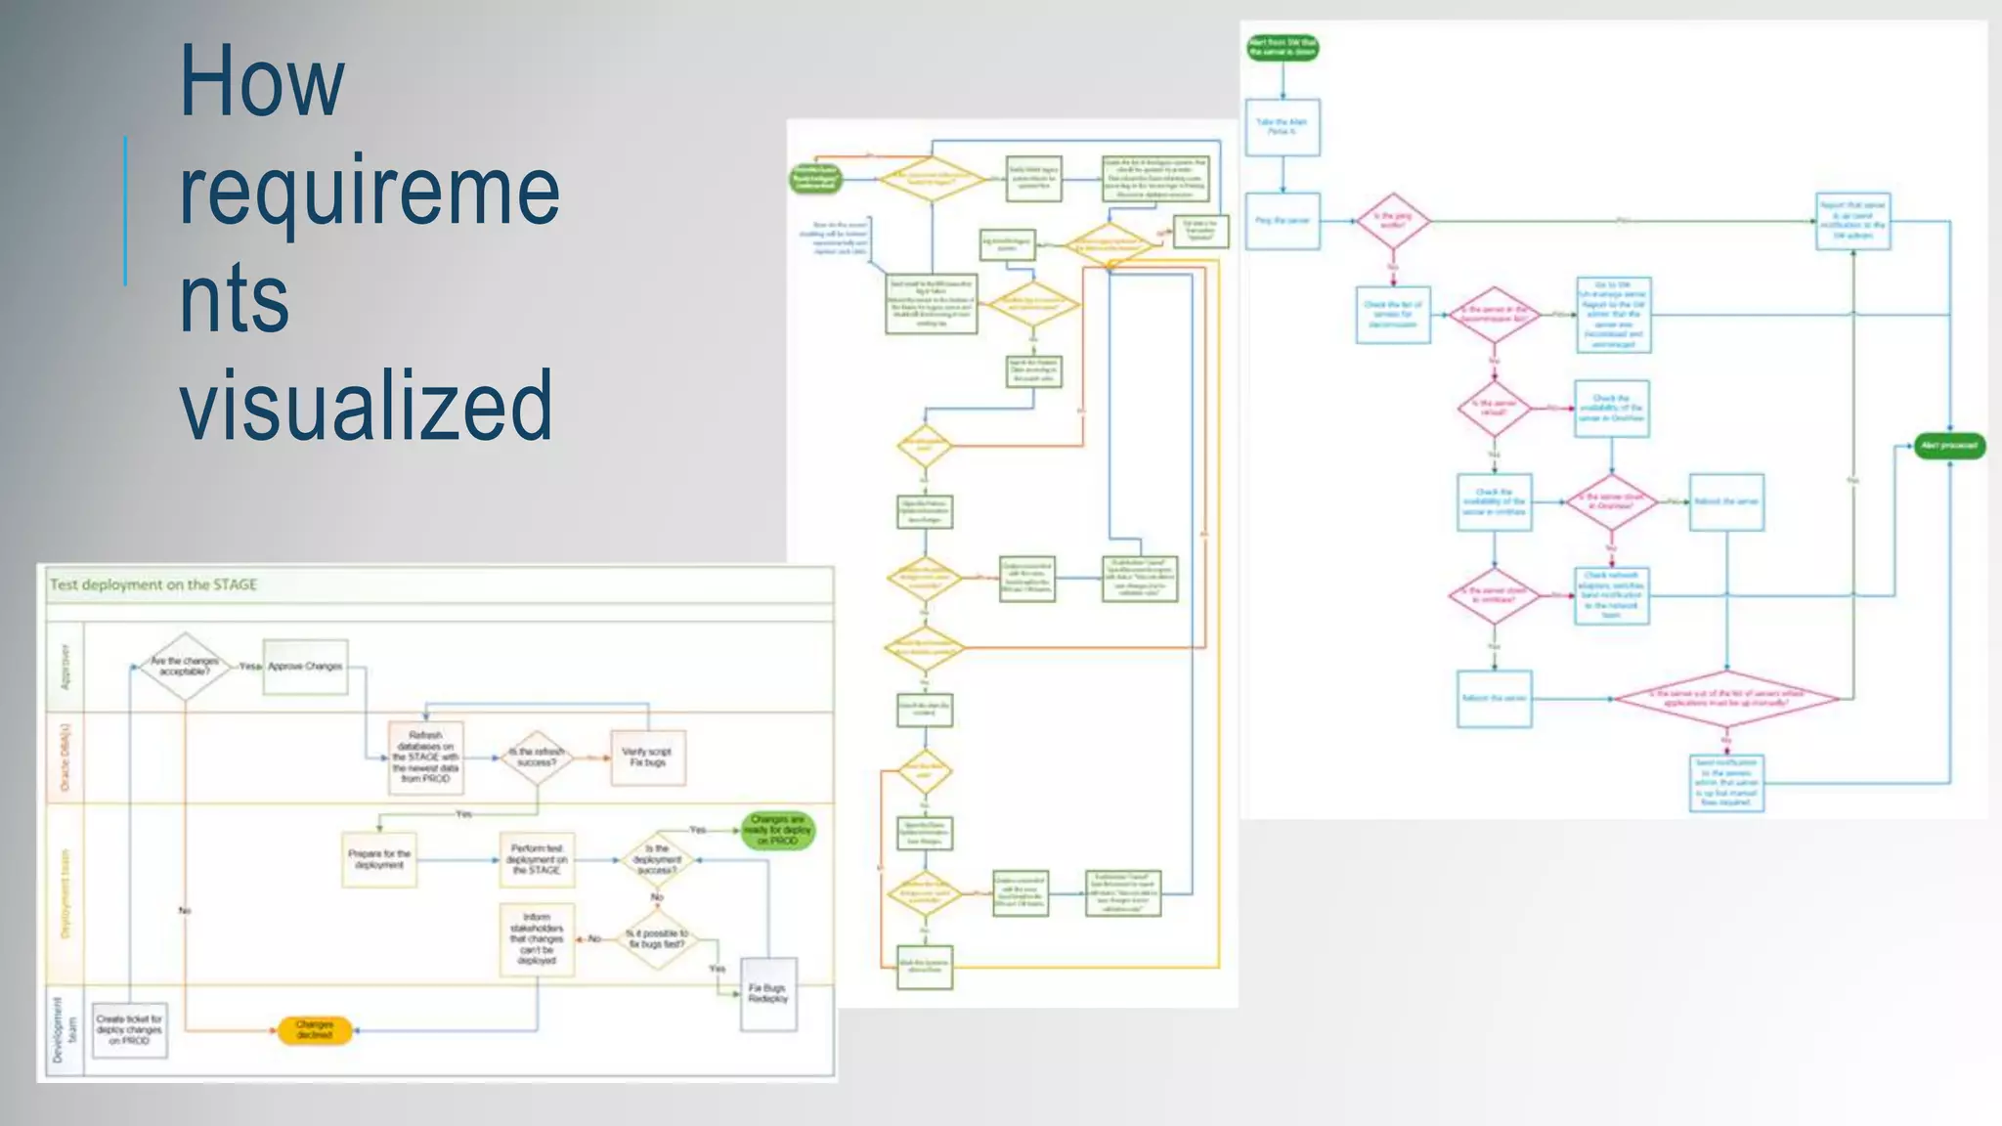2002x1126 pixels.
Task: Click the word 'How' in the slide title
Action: pyautogui.click(x=262, y=81)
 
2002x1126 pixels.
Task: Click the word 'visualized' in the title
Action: pyautogui.click(x=366, y=405)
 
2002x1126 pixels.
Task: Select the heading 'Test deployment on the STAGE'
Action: pyautogui.click(x=153, y=585)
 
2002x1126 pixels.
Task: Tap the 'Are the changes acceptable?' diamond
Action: pyautogui.click(x=185, y=667)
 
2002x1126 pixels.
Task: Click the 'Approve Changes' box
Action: pyautogui.click(x=305, y=667)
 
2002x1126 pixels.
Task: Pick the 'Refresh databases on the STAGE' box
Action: pyautogui.click(x=425, y=758)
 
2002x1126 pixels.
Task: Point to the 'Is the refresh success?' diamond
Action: pyautogui.click(x=536, y=758)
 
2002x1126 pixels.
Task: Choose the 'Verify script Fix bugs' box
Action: pyautogui.click(x=647, y=758)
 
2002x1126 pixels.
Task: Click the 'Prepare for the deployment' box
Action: pyautogui.click(x=379, y=859)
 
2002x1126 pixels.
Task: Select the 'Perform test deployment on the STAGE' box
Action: pyautogui.click(x=537, y=859)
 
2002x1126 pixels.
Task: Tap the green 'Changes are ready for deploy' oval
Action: pyautogui.click(x=777, y=830)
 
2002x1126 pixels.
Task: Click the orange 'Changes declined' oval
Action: pyautogui.click(x=314, y=1030)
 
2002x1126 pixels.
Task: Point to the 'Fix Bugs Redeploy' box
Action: pyautogui.click(x=768, y=994)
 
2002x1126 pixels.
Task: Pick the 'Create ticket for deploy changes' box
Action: pyautogui.click(x=129, y=1030)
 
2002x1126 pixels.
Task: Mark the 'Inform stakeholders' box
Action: pyautogui.click(x=537, y=939)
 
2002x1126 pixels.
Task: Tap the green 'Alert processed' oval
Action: pyautogui.click(x=1948, y=446)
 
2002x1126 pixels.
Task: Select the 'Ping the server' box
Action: pyautogui.click(x=1283, y=221)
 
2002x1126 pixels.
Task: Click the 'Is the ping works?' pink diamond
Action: pyautogui.click(x=1392, y=221)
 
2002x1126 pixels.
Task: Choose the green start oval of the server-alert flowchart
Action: pyautogui.click(x=1283, y=47)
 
